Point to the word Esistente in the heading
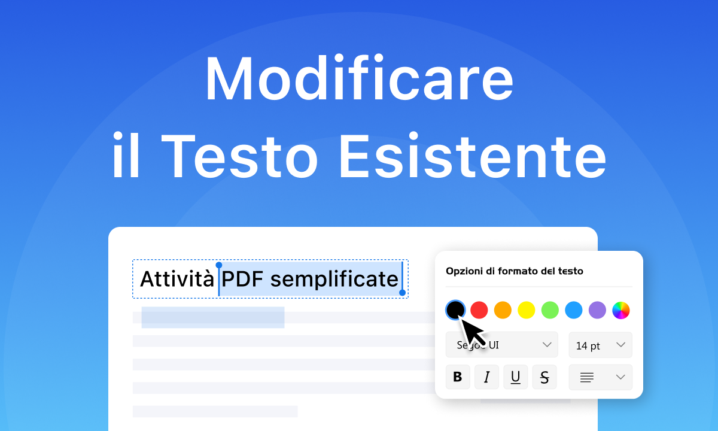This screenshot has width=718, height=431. (473, 157)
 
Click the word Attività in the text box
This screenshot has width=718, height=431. (177, 279)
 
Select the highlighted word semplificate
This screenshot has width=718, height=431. (334, 279)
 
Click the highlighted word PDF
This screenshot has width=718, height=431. (243, 279)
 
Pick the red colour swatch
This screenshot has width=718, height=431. (479, 309)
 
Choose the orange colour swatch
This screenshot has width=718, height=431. (503, 309)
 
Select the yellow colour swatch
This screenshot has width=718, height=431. (526, 309)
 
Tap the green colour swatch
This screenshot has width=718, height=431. (550, 309)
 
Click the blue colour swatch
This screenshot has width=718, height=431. (573, 309)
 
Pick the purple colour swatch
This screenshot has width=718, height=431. (597, 309)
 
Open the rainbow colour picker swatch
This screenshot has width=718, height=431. (621, 309)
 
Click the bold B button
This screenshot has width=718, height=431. (458, 377)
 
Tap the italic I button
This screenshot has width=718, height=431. (486, 377)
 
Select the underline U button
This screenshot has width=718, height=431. (515, 377)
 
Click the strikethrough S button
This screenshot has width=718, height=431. (544, 377)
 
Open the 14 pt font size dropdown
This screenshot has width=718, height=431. (600, 345)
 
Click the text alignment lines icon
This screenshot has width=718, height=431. (587, 377)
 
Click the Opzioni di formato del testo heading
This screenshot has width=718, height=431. (514, 271)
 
